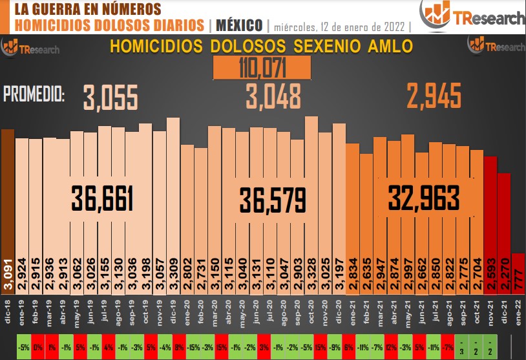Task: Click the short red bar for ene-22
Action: (518, 271)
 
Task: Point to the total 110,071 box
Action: (262, 67)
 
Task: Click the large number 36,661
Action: (102, 198)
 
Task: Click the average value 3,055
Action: (110, 98)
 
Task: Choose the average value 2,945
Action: (434, 96)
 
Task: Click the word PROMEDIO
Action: (34, 94)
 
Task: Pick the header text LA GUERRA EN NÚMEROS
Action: (87, 9)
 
